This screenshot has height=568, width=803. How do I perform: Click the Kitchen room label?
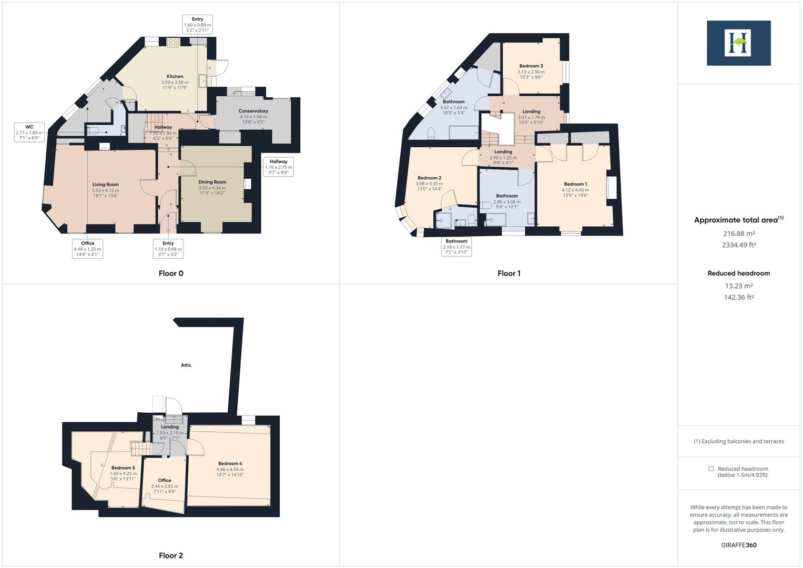175,77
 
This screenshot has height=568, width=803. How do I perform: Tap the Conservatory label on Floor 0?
253,111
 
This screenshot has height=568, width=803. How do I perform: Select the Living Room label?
105,185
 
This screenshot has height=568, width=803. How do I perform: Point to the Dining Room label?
212,182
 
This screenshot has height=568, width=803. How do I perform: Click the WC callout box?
29,133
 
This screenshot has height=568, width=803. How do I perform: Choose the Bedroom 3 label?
531,66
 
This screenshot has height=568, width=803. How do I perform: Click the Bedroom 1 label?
575,184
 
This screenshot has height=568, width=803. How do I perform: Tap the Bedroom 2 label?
429,178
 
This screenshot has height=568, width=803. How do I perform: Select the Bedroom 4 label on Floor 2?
230,463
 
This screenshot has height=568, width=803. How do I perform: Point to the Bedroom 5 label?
123,468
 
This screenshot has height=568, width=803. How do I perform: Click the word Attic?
186,365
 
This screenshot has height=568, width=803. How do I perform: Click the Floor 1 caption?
509,273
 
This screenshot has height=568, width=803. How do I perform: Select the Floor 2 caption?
171,555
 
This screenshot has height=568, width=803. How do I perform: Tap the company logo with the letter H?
738,43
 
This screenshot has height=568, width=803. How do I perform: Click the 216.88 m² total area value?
738,234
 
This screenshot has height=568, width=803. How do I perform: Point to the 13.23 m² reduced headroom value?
738,286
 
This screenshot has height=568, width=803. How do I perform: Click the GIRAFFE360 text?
738,545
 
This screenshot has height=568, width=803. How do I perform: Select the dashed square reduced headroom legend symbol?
711,469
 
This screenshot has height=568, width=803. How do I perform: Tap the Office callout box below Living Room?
87,249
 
